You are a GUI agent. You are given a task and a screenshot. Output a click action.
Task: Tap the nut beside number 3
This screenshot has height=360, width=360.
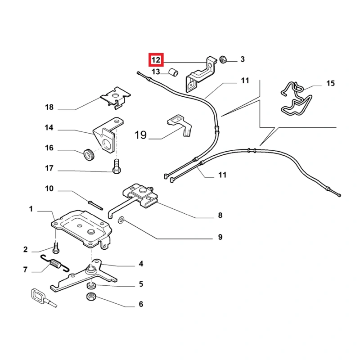coord(222,59)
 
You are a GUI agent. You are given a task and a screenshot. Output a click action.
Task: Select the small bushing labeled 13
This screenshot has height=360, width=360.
coord(174,72)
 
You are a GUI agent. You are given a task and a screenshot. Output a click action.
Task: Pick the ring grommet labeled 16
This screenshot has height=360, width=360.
coord(89,154)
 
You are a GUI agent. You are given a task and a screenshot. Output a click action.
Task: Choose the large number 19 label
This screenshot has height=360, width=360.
coord(141,135)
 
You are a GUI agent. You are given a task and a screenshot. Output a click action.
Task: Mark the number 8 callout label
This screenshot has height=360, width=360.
coord(220,216)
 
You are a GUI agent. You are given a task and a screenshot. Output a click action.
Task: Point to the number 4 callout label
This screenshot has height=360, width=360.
coord(141,264)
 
